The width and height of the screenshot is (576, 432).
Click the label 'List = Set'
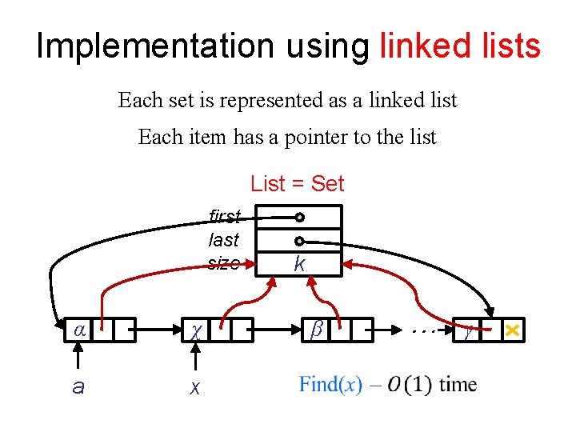click(297, 184)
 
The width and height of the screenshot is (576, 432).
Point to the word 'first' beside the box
click(224, 216)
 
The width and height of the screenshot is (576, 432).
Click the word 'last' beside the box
click(223, 239)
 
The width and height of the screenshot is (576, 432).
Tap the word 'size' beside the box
click(223, 262)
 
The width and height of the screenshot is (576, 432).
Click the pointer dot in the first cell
click(299, 218)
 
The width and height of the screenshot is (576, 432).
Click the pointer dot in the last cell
click(299, 241)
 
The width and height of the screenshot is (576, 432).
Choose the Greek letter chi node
click(195, 330)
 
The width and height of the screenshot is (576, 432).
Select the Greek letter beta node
click(316, 329)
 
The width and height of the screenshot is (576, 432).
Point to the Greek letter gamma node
click(467, 330)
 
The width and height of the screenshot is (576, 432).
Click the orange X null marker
click(513, 330)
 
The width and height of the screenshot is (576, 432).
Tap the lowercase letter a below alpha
click(78, 387)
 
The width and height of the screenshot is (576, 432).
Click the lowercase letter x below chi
click(194, 388)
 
